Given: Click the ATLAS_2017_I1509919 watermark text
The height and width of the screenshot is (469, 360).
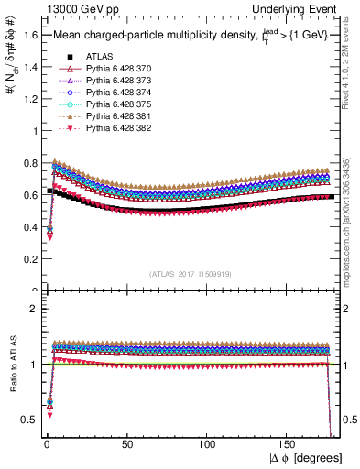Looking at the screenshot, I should point(189,273).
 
